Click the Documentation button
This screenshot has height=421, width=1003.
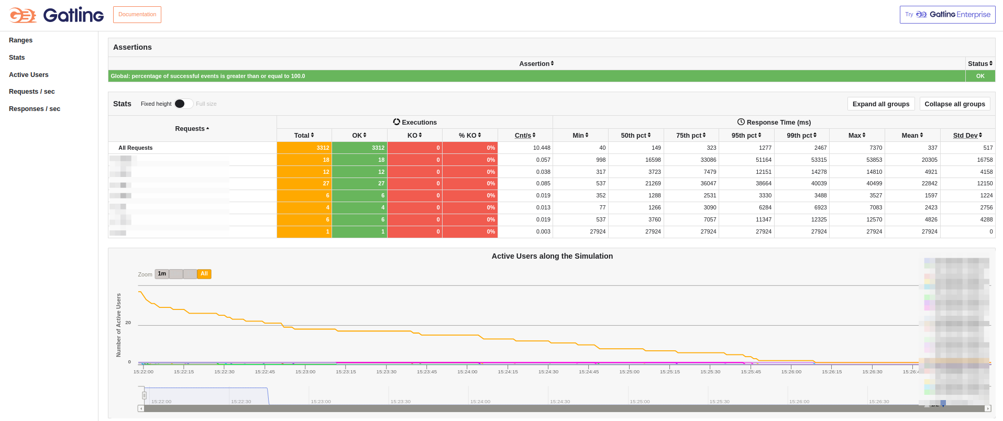click(137, 15)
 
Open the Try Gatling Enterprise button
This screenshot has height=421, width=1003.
click(947, 15)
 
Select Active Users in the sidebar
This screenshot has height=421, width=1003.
click(29, 75)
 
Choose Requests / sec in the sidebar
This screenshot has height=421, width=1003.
click(32, 92)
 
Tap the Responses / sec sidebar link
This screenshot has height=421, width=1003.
click(35, 109)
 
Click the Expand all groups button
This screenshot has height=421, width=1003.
click(880, 104)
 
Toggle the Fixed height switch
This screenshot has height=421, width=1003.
click(183, 104)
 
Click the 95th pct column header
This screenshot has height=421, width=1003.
click(746, 135)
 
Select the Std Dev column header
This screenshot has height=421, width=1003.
click(967, 135)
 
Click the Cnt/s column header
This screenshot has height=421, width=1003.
click(525, 135)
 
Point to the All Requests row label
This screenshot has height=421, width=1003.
click(136, 148)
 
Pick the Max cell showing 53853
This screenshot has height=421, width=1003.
click(874, 160)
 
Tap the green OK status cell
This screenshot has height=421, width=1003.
click(980, 76)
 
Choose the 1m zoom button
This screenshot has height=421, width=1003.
click(162, 274)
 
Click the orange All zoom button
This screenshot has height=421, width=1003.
click(204, 274)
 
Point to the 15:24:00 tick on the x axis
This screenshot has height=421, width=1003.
click(467, 372)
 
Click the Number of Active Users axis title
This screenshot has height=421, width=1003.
click(118, 325)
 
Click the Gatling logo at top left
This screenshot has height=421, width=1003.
click(57, 15)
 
